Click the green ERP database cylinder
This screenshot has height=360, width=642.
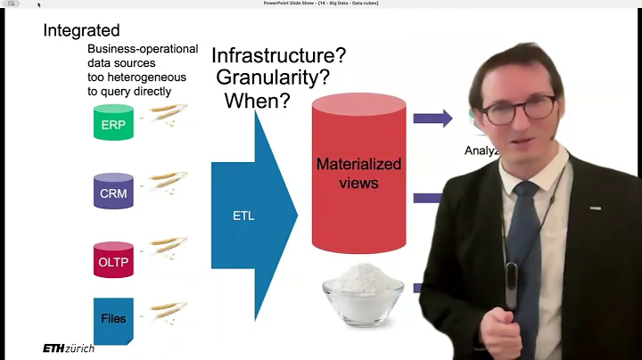(x=113, y=123)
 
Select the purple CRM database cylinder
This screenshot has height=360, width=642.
(x=113, y=192)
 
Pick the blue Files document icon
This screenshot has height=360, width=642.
(x=113, y=319)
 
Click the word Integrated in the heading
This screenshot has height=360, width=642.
(x=82, y=30)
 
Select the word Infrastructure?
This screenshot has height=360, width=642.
(x=278, y=55)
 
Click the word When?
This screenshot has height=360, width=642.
(x=257, y=101)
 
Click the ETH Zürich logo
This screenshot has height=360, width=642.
(x=68, y=348)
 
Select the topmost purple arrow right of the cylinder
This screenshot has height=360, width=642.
(x=432, y=118)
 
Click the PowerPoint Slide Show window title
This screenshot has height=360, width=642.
(x=320, y=4)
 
